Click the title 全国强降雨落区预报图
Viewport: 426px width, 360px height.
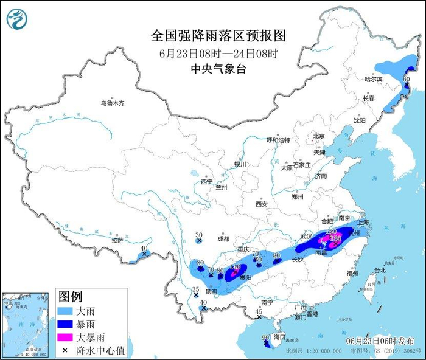pos(218,35)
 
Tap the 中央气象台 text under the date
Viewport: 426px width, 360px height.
pos(218,68)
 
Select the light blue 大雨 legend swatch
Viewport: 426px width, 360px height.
pos(66,311)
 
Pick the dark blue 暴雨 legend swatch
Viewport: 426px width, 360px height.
pos(66,324)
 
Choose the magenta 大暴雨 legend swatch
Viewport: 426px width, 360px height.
pos(66,336)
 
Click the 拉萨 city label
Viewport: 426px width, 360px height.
pos(117,240)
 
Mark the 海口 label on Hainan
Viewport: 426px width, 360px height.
pos(279,336)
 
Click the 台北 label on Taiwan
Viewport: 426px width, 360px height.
pos(379,269)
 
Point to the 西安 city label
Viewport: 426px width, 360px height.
pos(262,204)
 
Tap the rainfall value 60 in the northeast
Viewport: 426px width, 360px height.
pos(407,79)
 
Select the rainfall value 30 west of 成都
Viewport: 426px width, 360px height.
pos(198,235)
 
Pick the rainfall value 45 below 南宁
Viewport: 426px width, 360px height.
pos(259,311)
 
